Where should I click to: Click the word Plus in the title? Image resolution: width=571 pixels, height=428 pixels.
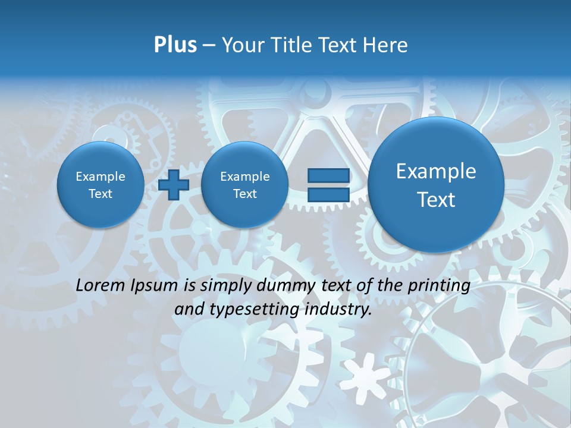click(175, 45)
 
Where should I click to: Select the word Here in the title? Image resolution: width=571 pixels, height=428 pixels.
click(387, 45)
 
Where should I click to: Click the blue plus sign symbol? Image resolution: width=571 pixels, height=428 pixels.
click(174, 185)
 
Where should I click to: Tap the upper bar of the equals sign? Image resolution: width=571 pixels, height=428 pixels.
click(328, 175)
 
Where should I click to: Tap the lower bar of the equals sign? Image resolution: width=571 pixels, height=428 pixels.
click(328, 195)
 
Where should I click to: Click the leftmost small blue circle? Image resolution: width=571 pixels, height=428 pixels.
click(101, 185)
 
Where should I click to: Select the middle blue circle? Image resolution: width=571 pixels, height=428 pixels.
click(244, 185)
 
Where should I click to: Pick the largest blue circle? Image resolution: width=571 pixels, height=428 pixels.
click(436, 185)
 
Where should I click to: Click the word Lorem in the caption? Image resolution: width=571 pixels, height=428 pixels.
click(101, 285)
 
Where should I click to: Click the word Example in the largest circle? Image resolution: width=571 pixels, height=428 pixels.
click(436, 171)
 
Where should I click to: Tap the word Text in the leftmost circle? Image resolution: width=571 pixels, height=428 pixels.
click(101, 194)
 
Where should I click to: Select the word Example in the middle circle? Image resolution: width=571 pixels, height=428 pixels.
click(244, 177)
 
